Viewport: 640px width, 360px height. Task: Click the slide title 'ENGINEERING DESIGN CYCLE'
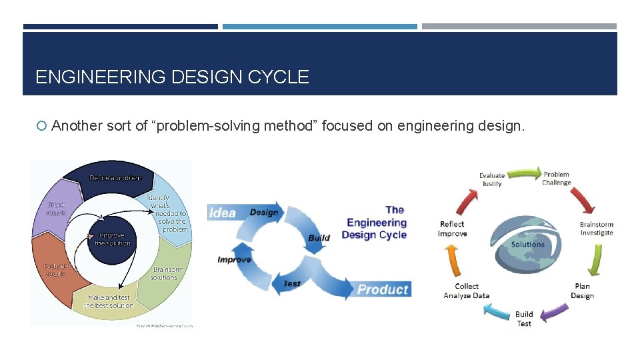(172, 77)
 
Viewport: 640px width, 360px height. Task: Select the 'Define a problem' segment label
(115, 177)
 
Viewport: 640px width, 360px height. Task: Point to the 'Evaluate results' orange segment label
(57, 269)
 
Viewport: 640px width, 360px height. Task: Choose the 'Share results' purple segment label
(56, 208)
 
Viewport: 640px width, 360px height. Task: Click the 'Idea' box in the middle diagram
(223, 213)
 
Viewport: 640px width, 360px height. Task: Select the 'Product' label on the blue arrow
(382, 289)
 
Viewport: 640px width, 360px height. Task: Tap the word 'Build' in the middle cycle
(319, 238)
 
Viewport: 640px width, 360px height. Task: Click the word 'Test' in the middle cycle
(292, 283)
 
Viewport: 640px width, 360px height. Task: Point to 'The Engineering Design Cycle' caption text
(375, 223)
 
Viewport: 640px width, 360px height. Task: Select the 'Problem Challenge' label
(556, 179)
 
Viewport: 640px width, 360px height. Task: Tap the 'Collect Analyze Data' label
(467, 291)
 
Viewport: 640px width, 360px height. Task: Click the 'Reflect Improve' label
(452, 229)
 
